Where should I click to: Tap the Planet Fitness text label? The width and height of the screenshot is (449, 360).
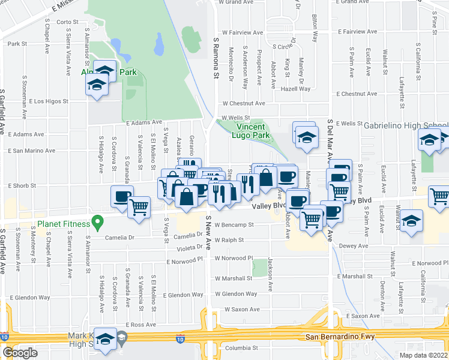point(63,224)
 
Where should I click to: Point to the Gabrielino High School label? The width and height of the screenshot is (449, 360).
point(405,124)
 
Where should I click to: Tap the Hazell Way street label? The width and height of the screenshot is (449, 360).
point(295,89)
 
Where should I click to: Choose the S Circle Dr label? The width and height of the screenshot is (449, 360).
point(286,46)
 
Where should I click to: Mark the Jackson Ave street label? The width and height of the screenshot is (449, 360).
point(271,275)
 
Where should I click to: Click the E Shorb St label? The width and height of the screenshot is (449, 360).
point(23,185)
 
